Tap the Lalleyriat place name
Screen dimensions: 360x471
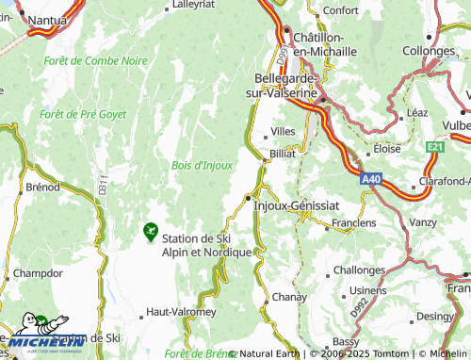(x=195, y=5)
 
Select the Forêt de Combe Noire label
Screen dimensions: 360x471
(x=95, y=60)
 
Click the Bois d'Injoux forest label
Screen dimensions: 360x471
(x=202, y=165)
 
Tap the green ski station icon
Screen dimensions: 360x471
(x=149, y=229)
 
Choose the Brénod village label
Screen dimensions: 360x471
(x=42, y=187)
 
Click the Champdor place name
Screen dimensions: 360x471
(x=38, y=273)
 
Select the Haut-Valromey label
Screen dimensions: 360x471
(x=181, y=311)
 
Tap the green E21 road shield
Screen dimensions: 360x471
(x=433, y=147)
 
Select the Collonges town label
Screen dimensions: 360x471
(x=430, y=52)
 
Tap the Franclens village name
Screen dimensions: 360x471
(x=354, y=223)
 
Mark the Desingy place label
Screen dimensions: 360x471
(x=434, y=316)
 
